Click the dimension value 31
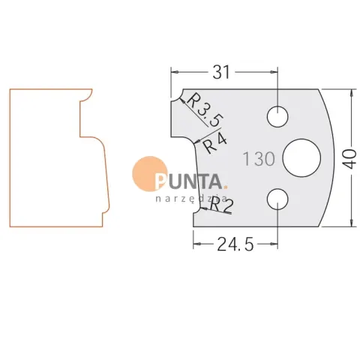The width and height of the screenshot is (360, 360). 221,72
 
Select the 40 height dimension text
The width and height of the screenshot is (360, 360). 349,159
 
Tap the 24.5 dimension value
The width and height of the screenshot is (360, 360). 235,244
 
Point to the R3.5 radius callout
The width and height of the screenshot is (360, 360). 205,110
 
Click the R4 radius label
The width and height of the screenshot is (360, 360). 214,143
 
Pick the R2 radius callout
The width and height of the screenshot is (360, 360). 221,205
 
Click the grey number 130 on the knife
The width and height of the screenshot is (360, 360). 259,159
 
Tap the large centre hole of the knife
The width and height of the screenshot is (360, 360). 301,158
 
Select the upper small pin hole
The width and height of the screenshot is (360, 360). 277,116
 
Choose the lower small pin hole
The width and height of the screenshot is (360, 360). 277,199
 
